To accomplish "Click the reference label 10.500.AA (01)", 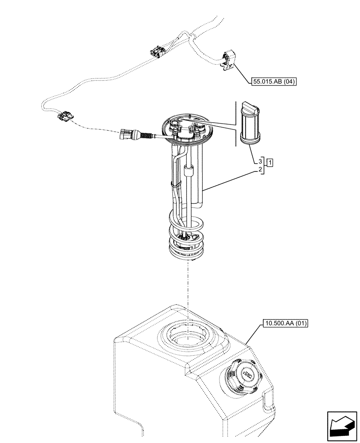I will pyautogui.click(x=285, y=323).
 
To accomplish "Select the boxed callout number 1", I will pyautogui.click(x=270, y=161).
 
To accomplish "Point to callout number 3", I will pyautogui.click(x=260, y=161).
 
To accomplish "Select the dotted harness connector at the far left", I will pyautogui.click(x=66, y=116).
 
